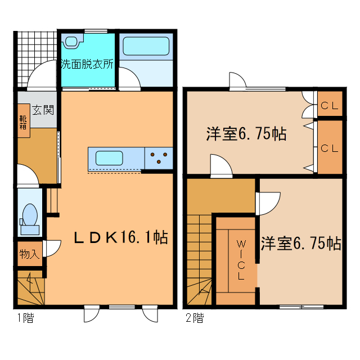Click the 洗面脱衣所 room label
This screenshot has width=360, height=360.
click(x=87, y=64)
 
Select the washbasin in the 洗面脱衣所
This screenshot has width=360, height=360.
click(x=72, y=42)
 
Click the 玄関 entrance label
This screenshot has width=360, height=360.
click(x=42, y=110)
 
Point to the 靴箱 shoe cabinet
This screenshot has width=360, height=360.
click(x=24, y=123)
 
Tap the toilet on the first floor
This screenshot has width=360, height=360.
click(x=29, y=217)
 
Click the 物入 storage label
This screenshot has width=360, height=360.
click(x=29, y=254)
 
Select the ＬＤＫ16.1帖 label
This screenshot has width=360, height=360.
click(x=121, y=237)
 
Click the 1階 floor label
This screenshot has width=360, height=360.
click(x=24, y=319)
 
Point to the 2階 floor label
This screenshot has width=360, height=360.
click(x=195, y=319)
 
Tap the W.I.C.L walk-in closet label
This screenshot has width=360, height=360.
click(x=240, y=260)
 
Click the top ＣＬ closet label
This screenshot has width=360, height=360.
click(x=330, y=105)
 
